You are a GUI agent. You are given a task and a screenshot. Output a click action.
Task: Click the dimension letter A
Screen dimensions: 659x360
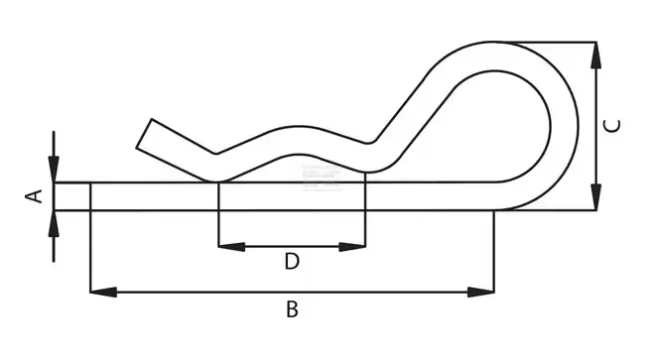point(35,196)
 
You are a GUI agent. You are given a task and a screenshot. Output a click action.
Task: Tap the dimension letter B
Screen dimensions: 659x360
point(292,309)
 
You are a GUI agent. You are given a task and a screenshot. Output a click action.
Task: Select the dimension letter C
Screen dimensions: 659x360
point(611,126)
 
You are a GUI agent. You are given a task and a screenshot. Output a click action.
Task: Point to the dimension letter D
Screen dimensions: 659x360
point(292,261)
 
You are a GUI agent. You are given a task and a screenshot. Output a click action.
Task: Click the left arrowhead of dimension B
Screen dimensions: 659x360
point(103,292)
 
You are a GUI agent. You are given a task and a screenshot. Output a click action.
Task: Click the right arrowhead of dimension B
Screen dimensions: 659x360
point(481,292)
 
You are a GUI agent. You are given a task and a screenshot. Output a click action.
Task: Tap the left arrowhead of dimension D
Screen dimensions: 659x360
point(231,247)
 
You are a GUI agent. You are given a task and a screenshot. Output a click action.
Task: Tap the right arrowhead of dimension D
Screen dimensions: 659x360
point(352,247)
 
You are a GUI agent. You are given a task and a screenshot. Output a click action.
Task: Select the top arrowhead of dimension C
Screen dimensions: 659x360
point(595,55)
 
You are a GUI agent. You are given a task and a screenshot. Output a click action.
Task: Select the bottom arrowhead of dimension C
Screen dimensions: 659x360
point(595,197)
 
